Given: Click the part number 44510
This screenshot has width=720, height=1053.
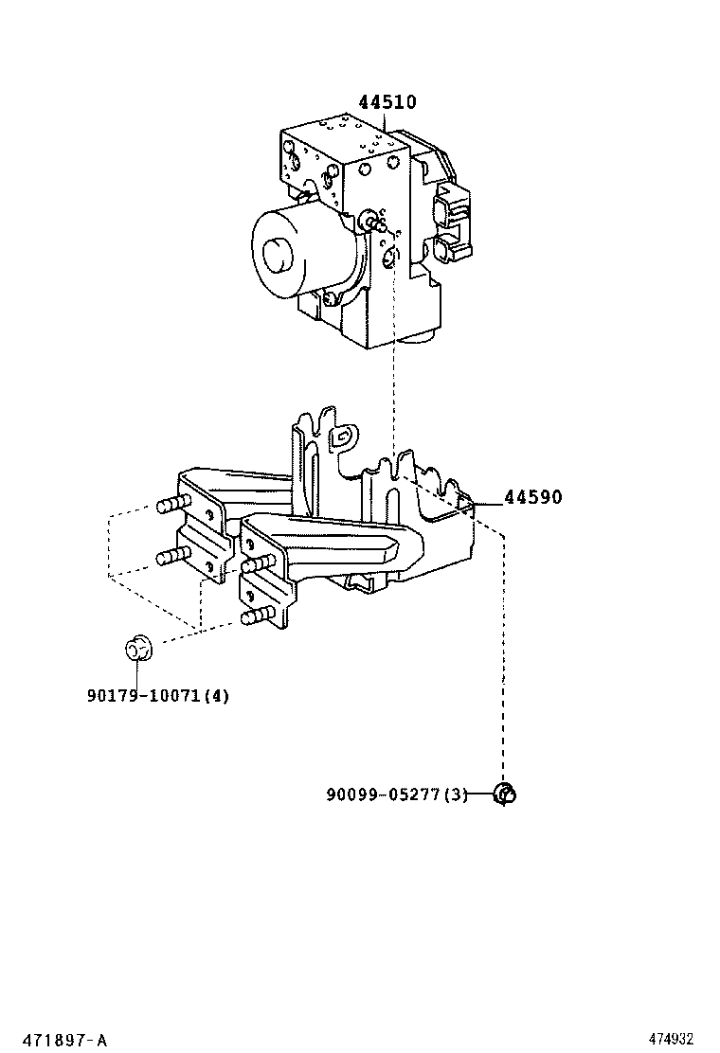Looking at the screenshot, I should point(387,102).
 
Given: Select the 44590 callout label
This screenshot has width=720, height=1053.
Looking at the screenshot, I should point(532,497).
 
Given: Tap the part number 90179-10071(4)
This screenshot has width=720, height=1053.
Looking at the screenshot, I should point(157,696).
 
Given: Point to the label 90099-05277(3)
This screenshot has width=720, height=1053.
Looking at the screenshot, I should point(397,794).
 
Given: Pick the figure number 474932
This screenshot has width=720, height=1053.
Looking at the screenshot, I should point(677,1040).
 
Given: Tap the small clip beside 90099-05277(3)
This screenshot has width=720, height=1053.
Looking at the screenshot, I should point(507,794).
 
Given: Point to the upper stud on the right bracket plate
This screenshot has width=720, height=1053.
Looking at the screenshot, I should point(257,565).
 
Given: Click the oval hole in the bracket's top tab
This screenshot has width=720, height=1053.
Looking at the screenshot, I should point(343,435).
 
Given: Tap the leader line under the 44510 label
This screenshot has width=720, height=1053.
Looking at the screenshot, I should point(385,120).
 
